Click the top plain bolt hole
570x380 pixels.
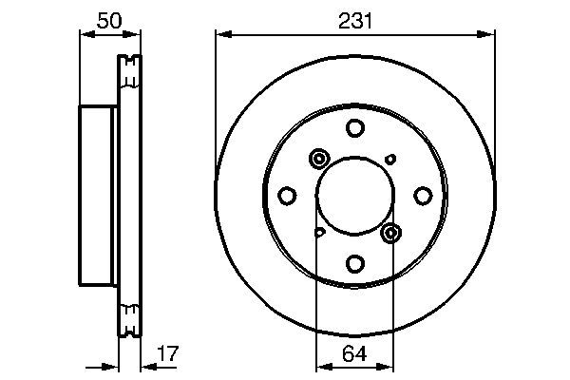point(354,128)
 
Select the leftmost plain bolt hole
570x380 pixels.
point(287,196)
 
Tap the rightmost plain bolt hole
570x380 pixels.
point(422,196)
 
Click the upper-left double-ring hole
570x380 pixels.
point(318,159)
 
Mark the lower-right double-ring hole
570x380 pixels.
point(390,232)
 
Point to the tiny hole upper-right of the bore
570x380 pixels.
point(390,159)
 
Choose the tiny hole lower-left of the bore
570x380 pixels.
point(319,232)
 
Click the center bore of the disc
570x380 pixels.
point(354,196)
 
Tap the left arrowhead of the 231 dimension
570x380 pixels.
point(222,34)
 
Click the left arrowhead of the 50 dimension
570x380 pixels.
point(82,34)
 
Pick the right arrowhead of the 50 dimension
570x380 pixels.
point(137,34)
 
